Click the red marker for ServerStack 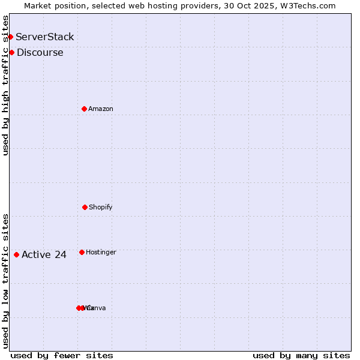click(x=10, y=37)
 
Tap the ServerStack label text click(x=45, y=37)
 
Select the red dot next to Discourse click(x=11, y=53)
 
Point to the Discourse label click(x=40, y=53)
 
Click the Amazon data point click(x=84, y=109)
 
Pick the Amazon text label click(x=101, y=109)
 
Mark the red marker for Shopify click(x=85, y=207)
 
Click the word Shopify click(x=101, y=208)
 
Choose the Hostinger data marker click(x=82, y=252)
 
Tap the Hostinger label click(x=101, y=253)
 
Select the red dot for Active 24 click(x=16, y=254)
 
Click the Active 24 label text click(x=44, y=255)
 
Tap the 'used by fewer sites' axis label click(x=62, y=355)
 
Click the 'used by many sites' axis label click(x=301, y=355)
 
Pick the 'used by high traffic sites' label click(x=5, y=85)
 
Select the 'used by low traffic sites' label click(x=5, y=280)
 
